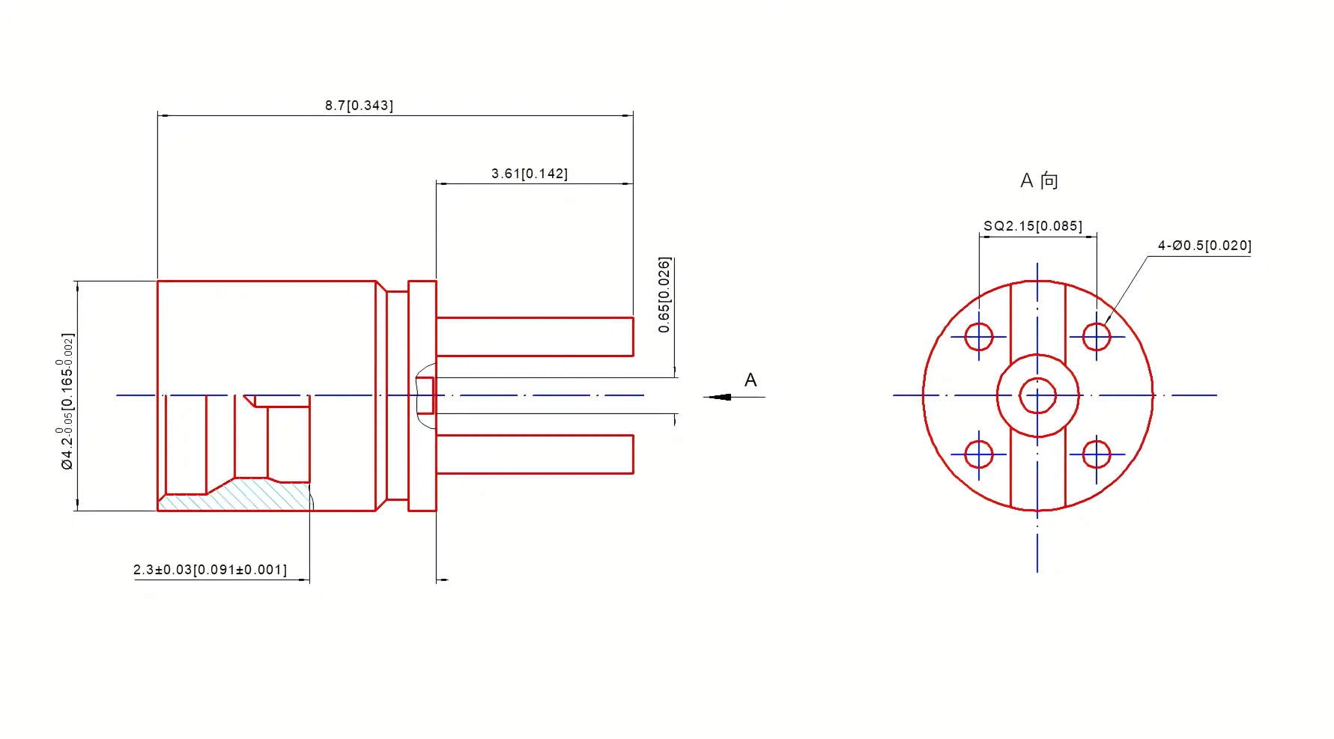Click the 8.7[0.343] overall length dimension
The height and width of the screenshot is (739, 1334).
[x=359, y=106]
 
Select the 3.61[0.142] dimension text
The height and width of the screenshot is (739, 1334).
[x=529, y=174]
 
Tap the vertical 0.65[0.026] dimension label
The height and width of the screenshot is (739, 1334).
[x=664, y=295]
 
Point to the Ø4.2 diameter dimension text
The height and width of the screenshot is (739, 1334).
[x=67, y=401]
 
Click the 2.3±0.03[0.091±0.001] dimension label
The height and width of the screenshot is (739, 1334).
[x=210, y=570]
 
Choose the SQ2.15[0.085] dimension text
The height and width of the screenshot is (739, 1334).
[x=1032, y=226]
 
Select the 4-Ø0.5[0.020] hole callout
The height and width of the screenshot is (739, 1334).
[x=1204, y=246]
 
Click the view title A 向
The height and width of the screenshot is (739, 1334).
[x=1039, y=180]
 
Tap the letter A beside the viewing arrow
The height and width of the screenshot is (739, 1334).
[x=751, y=380]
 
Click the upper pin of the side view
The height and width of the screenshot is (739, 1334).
[x=534, y=336]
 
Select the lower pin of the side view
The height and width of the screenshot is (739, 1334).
[x=534, y=454]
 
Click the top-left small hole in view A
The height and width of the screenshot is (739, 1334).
[x=978, y=337]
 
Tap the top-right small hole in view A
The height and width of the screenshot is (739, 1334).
[x=1097, y=337]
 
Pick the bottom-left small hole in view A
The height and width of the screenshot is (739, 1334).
[x=978, y=454]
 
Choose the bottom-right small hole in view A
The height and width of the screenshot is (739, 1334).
[x=1097, y=454]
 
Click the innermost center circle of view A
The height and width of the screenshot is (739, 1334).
[x=1037, y=396]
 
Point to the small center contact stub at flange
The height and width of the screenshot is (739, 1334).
[x=425, y=395]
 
